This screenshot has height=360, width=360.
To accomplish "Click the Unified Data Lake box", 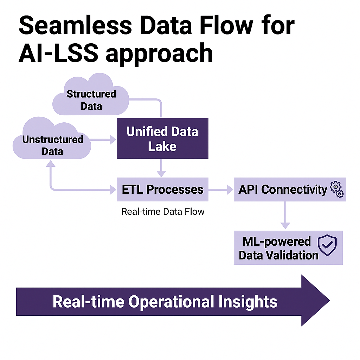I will (x=162, y=139).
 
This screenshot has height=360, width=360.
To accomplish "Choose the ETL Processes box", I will (x=162, y=189).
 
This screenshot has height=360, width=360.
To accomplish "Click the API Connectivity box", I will (x=283, y=189).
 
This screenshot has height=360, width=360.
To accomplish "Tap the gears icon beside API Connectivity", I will (x=336, y=189).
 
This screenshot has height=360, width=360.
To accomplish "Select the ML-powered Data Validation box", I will (x=278, y=248).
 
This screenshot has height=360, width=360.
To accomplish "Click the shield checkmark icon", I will (x=327, y=245).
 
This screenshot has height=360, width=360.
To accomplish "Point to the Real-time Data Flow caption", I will (x=163, y=212).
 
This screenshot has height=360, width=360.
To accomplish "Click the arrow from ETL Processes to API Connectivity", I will (x=221, y=189).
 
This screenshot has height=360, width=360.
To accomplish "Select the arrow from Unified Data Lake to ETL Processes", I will (x=161, y=168).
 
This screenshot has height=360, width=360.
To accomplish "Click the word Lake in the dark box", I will (x=162, y=146).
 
